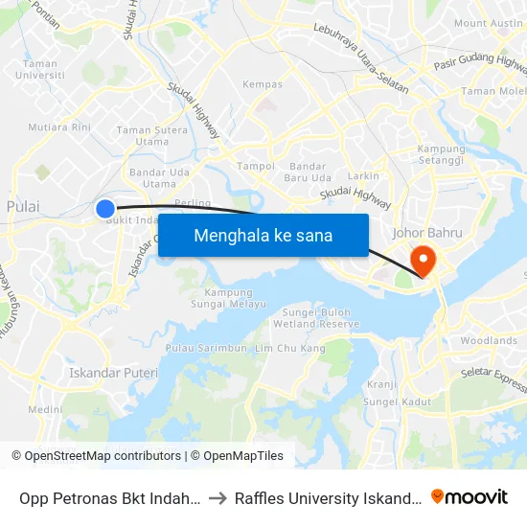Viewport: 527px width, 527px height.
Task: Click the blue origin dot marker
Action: [105, 208]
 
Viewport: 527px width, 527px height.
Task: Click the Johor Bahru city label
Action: [427, 232]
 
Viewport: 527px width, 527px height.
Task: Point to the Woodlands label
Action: [488, 340]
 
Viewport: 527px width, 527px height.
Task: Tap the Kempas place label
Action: [263, 84]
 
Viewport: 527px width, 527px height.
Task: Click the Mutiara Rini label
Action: [59, 126]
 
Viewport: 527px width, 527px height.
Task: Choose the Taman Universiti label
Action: [40, 69]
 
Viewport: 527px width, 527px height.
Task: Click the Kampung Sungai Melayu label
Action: [228, 298]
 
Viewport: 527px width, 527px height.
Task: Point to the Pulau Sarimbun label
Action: [206, 347]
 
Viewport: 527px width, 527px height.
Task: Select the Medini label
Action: [44, 409]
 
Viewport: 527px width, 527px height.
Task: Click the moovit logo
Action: [470, 496]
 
